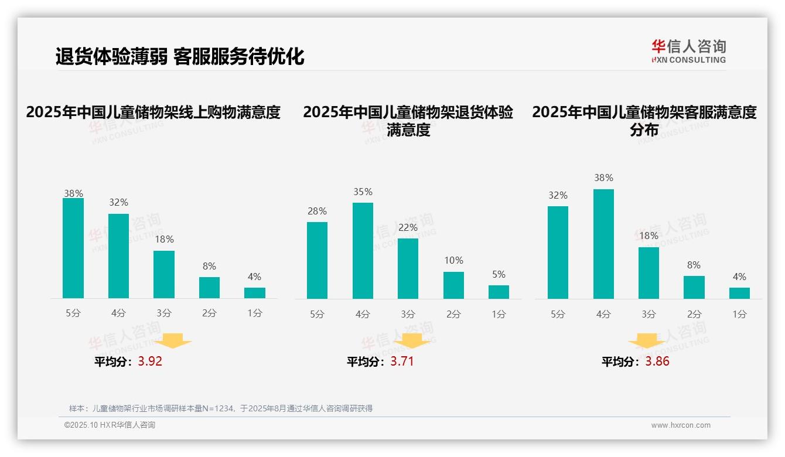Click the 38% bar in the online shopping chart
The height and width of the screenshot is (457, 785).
pos(73,248)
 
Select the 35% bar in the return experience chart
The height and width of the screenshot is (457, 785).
pos(363,251)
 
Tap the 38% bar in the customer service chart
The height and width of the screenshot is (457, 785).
pos(603,244)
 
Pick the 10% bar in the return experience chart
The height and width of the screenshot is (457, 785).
pos(453,285)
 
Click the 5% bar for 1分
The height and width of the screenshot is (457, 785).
pos(499,292)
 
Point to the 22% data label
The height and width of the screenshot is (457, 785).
pos(408,228)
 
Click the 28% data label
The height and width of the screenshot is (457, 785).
pos(317,212)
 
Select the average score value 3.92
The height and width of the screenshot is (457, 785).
pos(150,361)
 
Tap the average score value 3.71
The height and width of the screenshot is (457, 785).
pos(402,361)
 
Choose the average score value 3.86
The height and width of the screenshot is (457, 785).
pos(657,361)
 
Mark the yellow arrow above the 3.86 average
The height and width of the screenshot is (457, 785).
pos(647,341)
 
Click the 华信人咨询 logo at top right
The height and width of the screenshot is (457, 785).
pos(688,51)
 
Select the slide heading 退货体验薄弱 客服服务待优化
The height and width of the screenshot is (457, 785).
pos(180,56)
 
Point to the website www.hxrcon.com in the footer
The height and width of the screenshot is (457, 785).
pos(681,425)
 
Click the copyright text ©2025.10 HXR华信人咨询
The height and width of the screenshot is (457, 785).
pos(110,425)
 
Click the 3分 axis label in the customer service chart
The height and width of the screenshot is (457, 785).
pos(649,315)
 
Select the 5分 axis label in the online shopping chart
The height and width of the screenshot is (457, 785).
pos(73,313)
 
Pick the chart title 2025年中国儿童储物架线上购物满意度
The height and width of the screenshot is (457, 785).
pos(153,112)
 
